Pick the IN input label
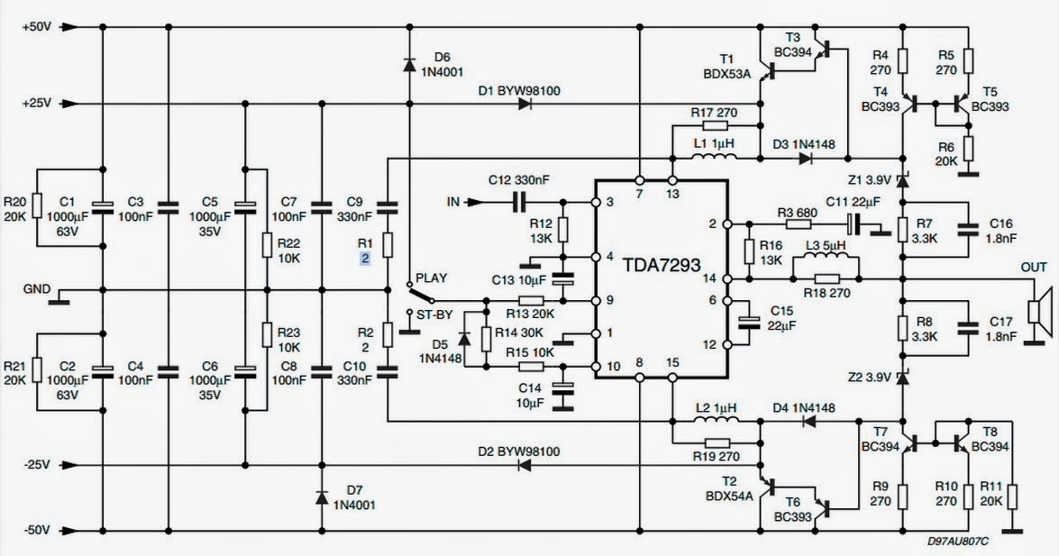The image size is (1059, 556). pos(453,203)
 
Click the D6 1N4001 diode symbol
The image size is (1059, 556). pos(409,63)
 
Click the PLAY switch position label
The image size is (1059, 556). pos(432,278)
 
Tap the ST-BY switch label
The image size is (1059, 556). pos(432,314)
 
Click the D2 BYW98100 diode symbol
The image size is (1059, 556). pos(524,466)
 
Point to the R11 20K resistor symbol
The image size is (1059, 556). pos(1012,497)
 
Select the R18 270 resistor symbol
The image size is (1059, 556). pos(825,279)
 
